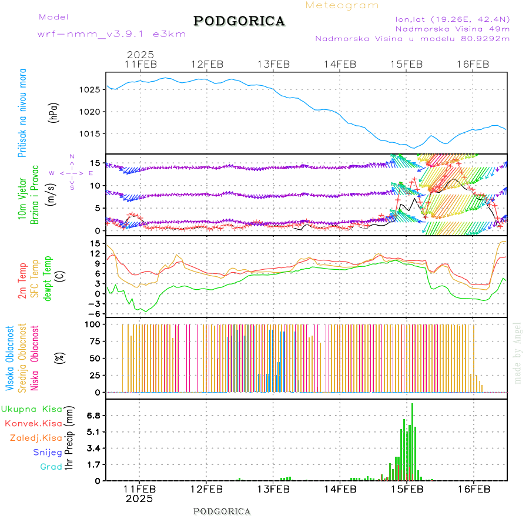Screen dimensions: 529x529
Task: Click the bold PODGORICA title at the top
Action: [x=239, y=21]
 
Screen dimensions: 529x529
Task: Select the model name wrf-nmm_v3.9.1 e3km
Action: [x=112, y=34]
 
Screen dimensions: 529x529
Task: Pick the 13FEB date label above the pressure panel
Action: [x=273, y=64]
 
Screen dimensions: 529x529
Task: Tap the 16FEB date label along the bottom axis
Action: [x=473, y=489]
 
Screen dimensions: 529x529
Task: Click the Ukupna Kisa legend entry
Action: [x=32, y=409]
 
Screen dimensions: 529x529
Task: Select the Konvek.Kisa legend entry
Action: [x=33, y=423]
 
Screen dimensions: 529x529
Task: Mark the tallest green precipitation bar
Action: [x=412, y=441]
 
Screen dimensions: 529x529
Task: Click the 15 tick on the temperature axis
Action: [x=94, y=243]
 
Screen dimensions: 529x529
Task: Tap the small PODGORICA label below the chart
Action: [x=222, y=511]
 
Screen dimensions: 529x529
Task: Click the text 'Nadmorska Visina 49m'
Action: [x=452, y=28]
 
